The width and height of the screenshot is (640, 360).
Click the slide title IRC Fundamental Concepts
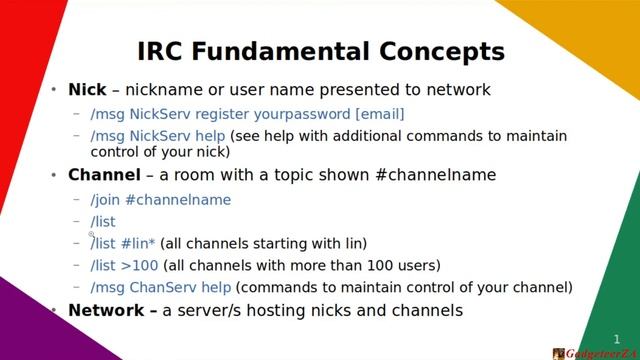[x=320, y=51]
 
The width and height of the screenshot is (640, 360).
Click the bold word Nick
[x=86, y=90]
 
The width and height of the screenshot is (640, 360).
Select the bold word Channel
[x=104, y=175]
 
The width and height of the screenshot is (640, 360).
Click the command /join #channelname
[x=160, y=200]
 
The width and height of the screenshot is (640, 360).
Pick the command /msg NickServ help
[x=158, y=135]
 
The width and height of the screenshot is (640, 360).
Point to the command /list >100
[x=124, y=266]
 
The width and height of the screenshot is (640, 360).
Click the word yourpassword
[x=304, y=114]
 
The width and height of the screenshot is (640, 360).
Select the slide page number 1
[x=617, y=339]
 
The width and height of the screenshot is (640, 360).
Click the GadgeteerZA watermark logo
[x=594, y=353]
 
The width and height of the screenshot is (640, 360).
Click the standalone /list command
[x=103, y=222]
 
